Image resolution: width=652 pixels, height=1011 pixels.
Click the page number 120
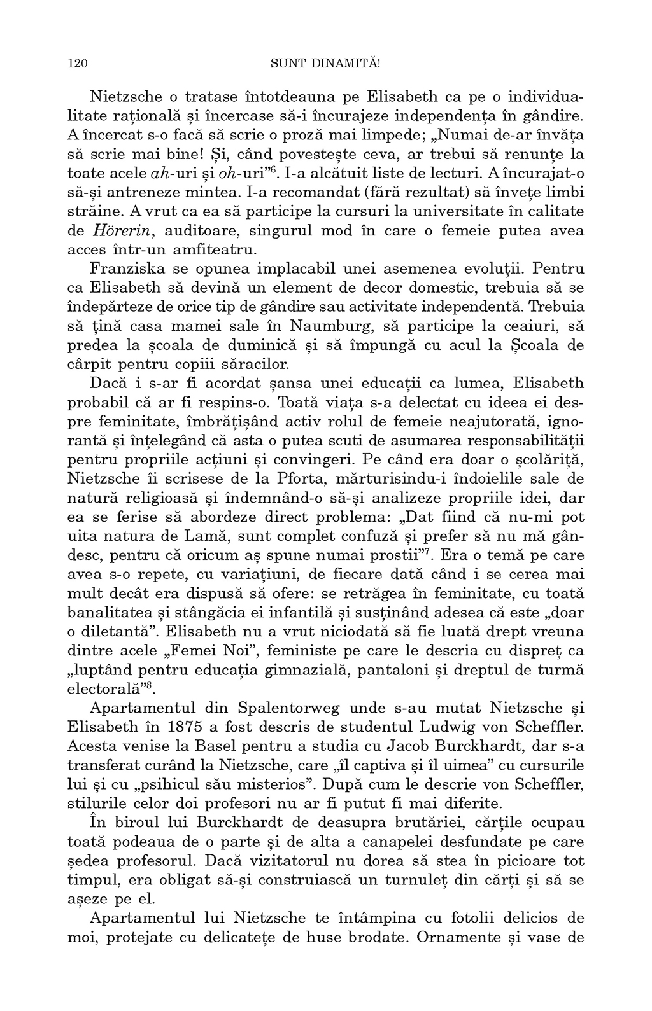coord(76,63)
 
